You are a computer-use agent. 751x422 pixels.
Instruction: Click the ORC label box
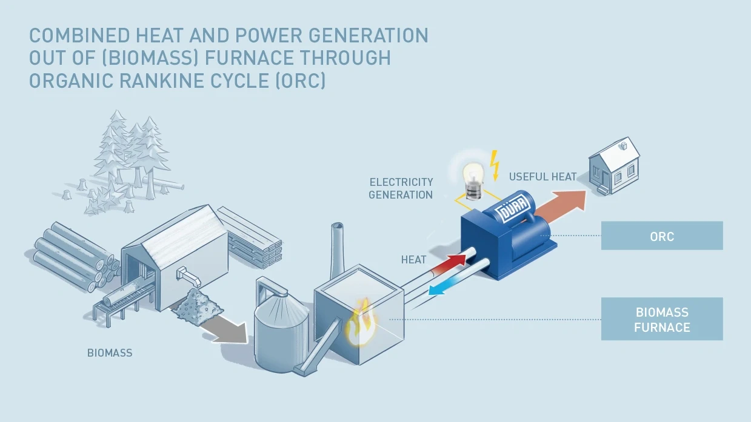tap(662, 236)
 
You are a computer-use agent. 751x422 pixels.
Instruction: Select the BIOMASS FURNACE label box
tap(662, 319)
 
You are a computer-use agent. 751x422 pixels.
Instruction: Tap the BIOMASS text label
tap(110, 352)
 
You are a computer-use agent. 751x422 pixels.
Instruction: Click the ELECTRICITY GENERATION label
tap(401, 188)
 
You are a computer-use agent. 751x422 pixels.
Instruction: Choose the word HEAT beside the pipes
tap(413, 260)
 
